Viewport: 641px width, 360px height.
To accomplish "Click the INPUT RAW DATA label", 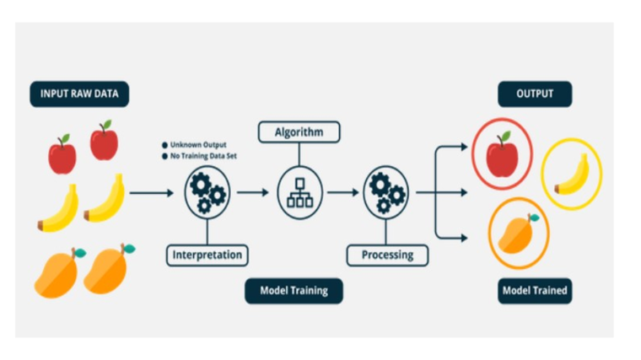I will coord(79,94).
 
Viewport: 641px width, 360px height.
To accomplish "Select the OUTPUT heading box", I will coord(535,94).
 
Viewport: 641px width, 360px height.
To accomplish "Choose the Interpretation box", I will coord(207,254).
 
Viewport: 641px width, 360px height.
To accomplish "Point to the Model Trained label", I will coord(535,292).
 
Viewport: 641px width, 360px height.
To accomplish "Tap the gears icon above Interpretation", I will coord(207,192).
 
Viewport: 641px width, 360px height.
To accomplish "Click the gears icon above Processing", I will coord(385,192).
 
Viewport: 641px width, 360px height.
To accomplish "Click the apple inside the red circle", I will coord(503,154).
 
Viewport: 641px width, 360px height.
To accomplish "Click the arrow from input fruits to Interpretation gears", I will coord(151,193).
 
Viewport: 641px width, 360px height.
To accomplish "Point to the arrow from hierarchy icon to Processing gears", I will coord(342,193).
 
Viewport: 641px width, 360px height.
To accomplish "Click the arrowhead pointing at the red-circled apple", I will coord(463,147).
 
